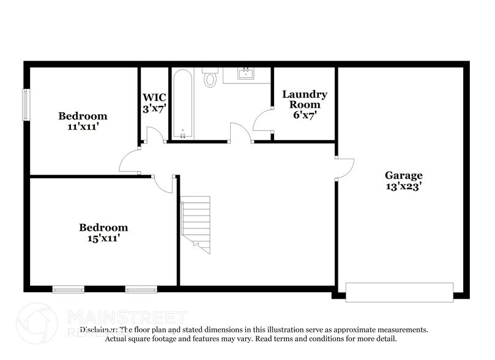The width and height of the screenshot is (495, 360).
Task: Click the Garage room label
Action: click(x=403, y=175)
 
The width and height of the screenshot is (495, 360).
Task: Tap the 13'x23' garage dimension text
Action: click(x=403, y=187)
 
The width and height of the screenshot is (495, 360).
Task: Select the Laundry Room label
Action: click(x=304, y=99)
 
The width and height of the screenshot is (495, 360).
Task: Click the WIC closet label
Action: click(x=154, y=97)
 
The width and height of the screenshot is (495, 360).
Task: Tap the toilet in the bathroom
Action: click(x=210, y=78)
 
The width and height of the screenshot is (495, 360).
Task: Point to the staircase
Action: click(x=196, y=223)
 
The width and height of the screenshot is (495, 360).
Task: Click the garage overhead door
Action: click(x=399, y=291)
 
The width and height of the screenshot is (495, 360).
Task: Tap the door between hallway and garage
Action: click(x=344, y=168)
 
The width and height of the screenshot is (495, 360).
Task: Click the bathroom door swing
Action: click(x=240, y=133)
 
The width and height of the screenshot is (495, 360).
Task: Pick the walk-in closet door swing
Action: click(x=155, y=135)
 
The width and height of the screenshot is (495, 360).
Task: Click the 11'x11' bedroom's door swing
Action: click(x=130, y=161)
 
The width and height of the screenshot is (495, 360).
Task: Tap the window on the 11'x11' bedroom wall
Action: click(x=26, y=105)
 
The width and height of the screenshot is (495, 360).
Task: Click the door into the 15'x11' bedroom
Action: click(x=164, y=182)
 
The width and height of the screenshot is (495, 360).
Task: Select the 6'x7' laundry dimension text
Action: click(x=304, y=114)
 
